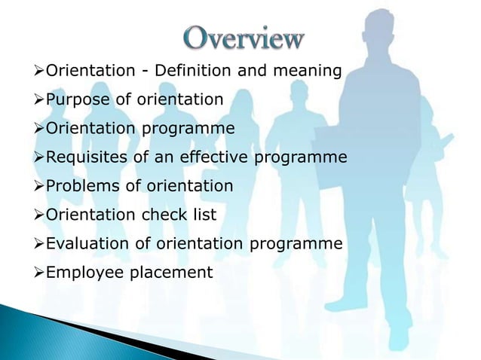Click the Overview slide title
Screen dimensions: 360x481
click(244, 38)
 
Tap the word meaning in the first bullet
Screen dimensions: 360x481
click(307, 72)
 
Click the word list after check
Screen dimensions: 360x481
click(203, 215)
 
